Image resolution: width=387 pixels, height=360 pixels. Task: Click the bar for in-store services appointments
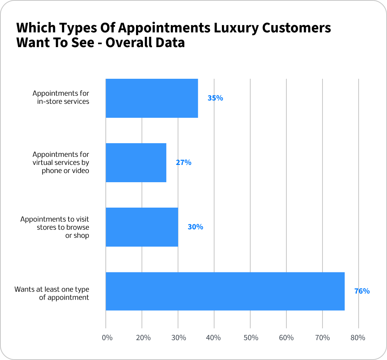click(x=151, y=98)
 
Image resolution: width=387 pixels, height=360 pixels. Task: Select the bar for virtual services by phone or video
click(x=136, y=162)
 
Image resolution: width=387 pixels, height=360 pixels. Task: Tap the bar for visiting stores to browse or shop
click(x=142, y=227)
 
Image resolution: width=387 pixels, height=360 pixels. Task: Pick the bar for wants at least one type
click(x=225, y=291)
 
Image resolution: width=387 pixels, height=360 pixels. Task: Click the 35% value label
click(x=215, y=98)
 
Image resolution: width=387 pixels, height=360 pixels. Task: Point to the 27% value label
click(x=184, y=162)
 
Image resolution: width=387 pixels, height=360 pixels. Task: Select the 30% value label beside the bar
click(x=195, y=227)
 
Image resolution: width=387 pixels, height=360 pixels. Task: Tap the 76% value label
click(x=362, y=291)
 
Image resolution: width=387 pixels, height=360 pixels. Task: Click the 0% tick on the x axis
click(x=107, y=338)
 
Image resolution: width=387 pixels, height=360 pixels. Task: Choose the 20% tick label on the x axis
click(x=143, y=338)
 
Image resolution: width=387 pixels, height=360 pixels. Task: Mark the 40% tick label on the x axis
click(x=213, y=338)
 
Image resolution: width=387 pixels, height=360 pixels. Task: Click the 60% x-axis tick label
click(x=286, y=338)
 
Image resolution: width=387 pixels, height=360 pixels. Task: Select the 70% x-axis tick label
click(x=322, y=338)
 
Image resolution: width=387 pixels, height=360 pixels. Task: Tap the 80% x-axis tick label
click(x=358, y=338)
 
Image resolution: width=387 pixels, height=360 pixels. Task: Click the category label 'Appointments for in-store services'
click(x=61, y=97)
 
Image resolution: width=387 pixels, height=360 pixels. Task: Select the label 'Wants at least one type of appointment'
click(x=52, y=293)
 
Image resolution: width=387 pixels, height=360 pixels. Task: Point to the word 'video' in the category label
click(x=81, y=171)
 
